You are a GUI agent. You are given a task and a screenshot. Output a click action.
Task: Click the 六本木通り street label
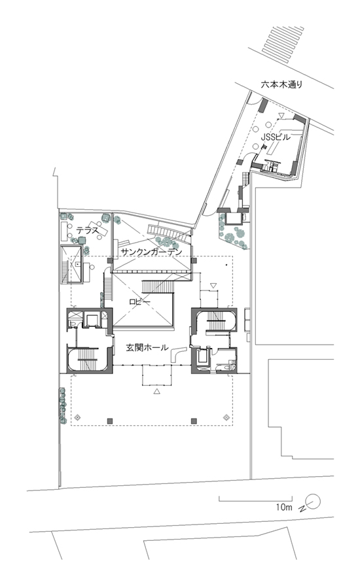(x=281, y=85)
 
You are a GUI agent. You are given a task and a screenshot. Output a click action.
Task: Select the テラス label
(x=88, y=229)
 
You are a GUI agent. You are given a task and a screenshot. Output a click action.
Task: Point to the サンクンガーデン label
(x=152, y=252)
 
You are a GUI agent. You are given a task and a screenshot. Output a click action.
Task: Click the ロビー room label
(x=139, y=301)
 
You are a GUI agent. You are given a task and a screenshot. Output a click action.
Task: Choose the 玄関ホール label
(x=147, y=347)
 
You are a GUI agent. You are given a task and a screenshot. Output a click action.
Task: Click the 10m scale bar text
(x=284, y=507)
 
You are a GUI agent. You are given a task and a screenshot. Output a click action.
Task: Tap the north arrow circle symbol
(x=314, y=501)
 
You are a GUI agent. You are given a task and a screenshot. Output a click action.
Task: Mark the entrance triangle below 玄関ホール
(x=157, y=391)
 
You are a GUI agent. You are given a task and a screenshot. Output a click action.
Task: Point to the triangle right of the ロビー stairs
(x=213, y=286)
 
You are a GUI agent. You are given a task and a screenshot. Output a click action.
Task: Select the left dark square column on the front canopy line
(x=110, y=421)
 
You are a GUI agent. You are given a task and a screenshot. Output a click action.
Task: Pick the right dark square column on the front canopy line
(x=194, y=421)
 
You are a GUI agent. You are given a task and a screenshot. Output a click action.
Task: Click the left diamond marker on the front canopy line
(x=78, y=417)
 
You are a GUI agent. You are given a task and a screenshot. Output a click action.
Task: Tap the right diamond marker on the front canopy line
(x=226, y=417)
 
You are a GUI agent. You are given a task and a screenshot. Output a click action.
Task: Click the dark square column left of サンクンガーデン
(x=110, y=260)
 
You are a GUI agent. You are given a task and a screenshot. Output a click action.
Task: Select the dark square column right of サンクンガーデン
(x=194, y=260)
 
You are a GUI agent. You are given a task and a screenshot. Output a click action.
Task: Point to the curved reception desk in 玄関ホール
(x=178, y=354)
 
